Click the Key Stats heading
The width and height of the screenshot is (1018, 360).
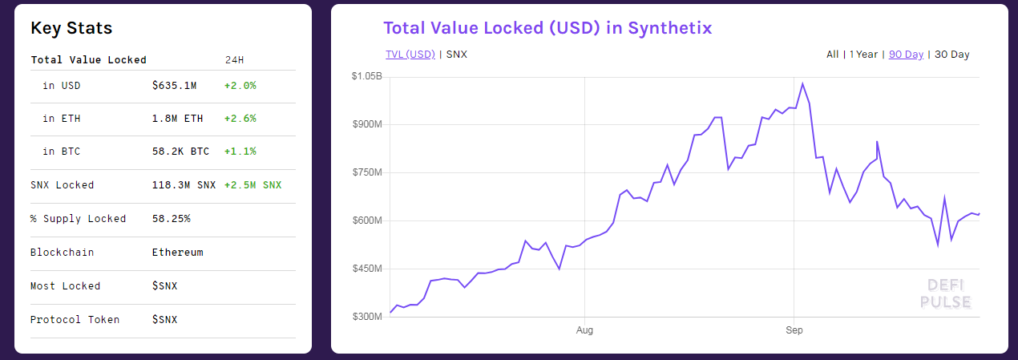pyautogui.click(x=71, y=29)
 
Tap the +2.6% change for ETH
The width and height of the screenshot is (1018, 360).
pyautogui.click(x=240, y=119)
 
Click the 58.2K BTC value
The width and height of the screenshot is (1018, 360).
pyautogui.click(x=180, y=152)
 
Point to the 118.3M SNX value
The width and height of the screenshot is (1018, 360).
pyautogui.click(x=184, y=185)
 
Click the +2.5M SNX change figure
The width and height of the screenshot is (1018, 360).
pyautogui.click(x=253, y=185)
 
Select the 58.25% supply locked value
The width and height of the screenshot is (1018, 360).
pyautogui.click(x=171, y=219)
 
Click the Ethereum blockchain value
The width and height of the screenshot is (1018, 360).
pyautogui.click(x=177, y=253)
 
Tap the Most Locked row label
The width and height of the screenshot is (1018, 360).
pyautogui.click(x=66, y=286)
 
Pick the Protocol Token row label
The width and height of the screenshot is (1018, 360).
pyautogui.click(x=75, y=320)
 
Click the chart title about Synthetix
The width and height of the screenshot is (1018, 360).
pyautogui.click(x=547, y=28)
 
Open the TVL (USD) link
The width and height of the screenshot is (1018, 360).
pyautogui.click(x=410, y=55)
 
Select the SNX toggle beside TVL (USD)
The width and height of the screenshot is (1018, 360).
pyautogui.click(x=456, y=55)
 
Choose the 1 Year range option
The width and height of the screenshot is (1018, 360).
pyautogui.click(x=863, y=55)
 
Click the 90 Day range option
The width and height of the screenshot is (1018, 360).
pyautogui.click(x=906, y=55)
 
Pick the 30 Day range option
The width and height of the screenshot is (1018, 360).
pyautogui.click(x=952, y=55)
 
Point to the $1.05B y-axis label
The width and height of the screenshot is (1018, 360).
pyautogui.click(x=366, y=76)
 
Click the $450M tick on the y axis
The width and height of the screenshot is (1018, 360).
pyautogui.click(x=366, y=269)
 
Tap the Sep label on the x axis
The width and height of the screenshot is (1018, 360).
pyautogui.click(x=794, y=330)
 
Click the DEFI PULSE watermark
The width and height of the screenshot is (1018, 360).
pyautogui.click(x=946, y=293)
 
